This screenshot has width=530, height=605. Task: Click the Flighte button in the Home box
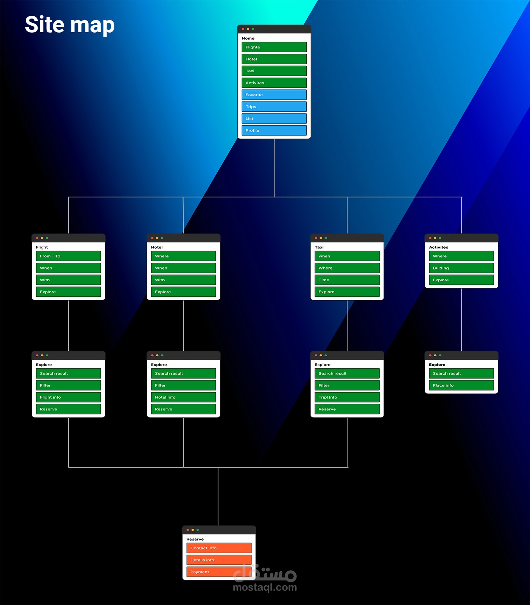tap(274, 47)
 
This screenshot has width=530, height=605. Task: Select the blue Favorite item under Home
tap(274, 95)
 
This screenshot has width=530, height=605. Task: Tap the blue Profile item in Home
tap(274, 130)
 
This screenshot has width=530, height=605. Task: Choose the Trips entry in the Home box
tap(274, 106)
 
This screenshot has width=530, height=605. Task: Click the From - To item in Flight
tap(69, 256)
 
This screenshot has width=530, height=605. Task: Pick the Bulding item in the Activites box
tap(461, 268)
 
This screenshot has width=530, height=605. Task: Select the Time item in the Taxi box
tap(347, 280)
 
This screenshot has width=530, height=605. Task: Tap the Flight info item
tap(69, 397)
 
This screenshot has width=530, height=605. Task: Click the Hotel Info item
tap(183, 397)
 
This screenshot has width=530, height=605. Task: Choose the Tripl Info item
tap(347, 397)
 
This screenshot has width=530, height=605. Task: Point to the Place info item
tap(461, 385)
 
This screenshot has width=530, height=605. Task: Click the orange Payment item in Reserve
tap(219, 572)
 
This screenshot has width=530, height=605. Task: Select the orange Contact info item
tap(219, 548)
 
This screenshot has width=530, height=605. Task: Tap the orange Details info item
tap(219, 560)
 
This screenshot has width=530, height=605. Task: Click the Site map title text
tap(70, 25)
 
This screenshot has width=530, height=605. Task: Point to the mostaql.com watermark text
tap(265, 587)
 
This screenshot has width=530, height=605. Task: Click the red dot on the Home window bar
tap(243, 29)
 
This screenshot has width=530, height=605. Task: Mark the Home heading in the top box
tap(248, 38)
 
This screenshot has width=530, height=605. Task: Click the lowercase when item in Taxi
tap(347, 256)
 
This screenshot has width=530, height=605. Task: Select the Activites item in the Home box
tap(274, 83)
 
